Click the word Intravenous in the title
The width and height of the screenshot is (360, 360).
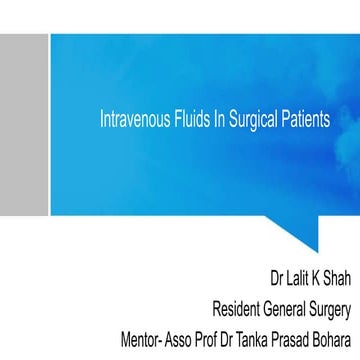(x=135, y=119)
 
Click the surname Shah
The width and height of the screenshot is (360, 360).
(x=338, y=278)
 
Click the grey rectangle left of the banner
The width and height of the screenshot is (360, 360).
(x=24, y=125)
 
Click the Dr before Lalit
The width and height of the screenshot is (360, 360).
(x=277, y=278)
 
